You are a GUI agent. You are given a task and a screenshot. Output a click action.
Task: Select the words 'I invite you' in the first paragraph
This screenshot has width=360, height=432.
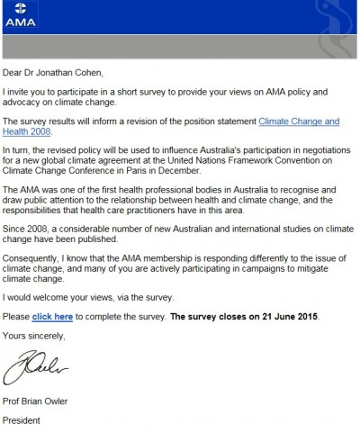30,92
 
